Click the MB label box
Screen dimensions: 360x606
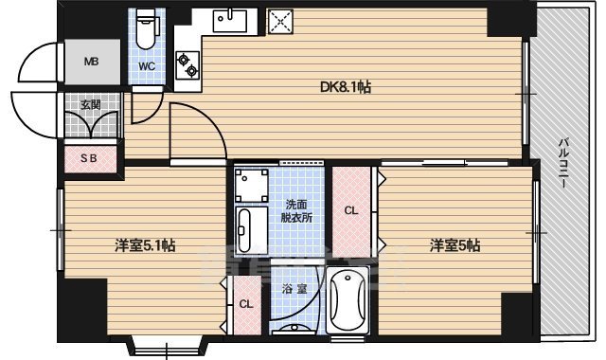tap(92, 63)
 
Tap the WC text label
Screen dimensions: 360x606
tap(148, 67)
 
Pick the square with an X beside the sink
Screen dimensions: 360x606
tap(278, 22)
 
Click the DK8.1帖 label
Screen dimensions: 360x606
tap(344, 87)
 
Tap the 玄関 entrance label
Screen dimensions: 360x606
tap(90, 104)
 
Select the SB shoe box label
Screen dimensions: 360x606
tap(90, 159)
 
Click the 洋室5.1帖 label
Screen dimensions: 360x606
tap(145, 246)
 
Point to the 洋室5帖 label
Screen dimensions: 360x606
tap(454, 246)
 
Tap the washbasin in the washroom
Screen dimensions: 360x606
tap(245, 228)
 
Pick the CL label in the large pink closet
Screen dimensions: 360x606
tap(351, 210)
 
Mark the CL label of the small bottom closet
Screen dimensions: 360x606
tap(245, 304)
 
